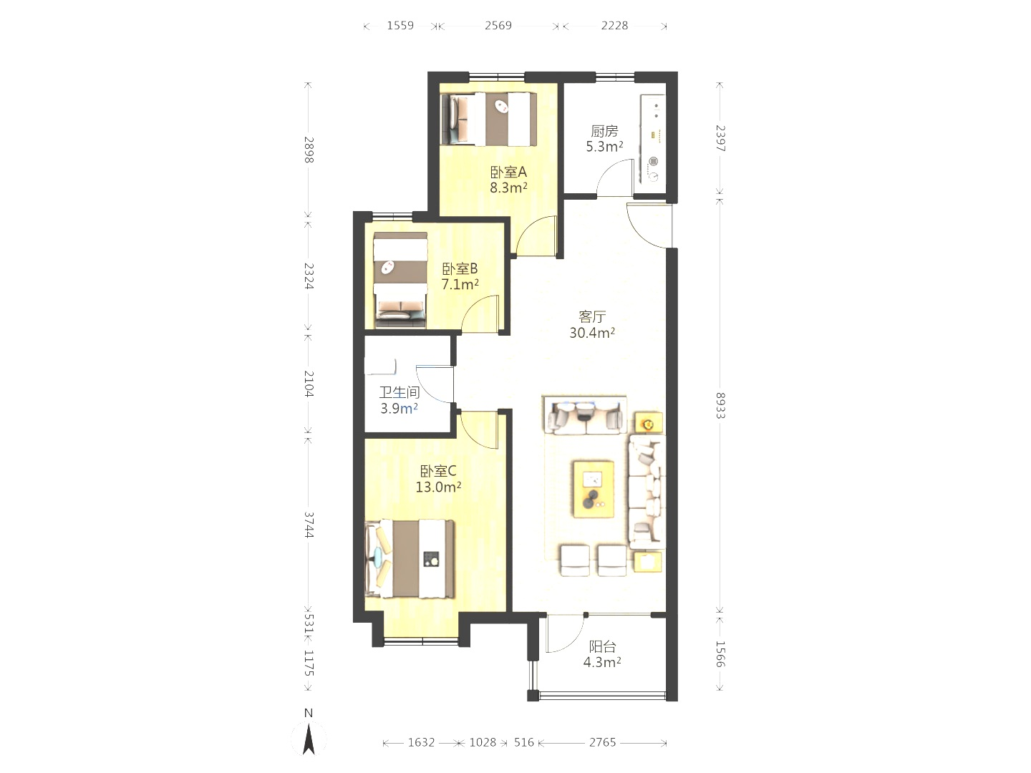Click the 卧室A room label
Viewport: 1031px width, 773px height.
tap(508, 172)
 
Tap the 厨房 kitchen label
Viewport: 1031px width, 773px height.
tap(604, 131)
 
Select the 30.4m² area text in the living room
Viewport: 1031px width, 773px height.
tap(592, 333)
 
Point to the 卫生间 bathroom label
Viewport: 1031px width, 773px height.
tap(400, 392)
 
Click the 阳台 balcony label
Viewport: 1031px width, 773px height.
tap(602, 647)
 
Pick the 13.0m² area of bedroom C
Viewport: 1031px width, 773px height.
tap(438, 487)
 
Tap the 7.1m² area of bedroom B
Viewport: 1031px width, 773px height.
tap(460, 284)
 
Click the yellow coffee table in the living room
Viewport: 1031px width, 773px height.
tap(594, 490)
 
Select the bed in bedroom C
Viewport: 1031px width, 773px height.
tap(410, 558)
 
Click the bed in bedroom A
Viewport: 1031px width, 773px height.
tap(488, 120)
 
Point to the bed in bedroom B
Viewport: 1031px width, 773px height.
tap(401, 280)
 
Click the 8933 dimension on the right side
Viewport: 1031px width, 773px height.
tap(720, 406)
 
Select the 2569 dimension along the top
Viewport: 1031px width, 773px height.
tap(498, 25)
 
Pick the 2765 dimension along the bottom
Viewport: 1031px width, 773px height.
tap(603, 742)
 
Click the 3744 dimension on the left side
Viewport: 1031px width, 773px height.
tap(309, 525)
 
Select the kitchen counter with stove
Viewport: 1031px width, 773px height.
tap(653, 139)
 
